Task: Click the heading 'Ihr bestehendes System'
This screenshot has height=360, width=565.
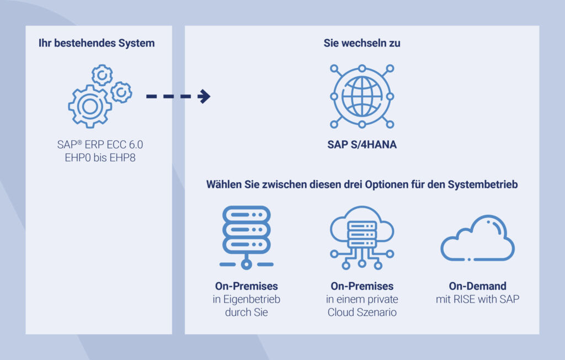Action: (x=97, y=43)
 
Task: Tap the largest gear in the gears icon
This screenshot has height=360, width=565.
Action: (x=90, y=106)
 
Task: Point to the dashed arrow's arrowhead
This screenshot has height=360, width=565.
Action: (x=205, y=96)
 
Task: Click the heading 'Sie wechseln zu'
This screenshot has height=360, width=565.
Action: (x=362, y=43)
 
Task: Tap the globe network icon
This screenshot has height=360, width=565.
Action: (x=362, y=96)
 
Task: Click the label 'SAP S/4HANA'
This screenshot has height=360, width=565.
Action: (x=362, y=146)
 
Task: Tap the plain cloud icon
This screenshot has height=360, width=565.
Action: (x=477, y=239)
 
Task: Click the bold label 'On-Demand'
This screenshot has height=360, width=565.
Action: (x=477, y=287)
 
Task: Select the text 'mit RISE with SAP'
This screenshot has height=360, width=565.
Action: (x=477, y=300)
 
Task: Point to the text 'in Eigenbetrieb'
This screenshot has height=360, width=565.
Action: (x=246, y=300)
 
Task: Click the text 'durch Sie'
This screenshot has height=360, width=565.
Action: (x=246, y=313)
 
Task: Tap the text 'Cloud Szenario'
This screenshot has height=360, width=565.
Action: (x=362, y=313)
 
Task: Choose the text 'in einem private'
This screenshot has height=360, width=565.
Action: (x=362, y=300)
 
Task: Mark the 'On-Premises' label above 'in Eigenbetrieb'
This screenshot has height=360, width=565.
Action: (x=246, y=287)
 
